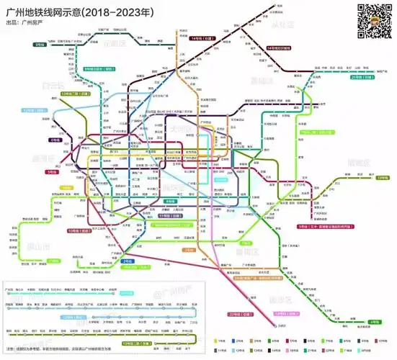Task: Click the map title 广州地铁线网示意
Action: [x=68, y=12]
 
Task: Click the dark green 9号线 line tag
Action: [x=39, y=45]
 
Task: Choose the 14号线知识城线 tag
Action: [x=283, y=48]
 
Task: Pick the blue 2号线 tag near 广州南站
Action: [x=128, y=260]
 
